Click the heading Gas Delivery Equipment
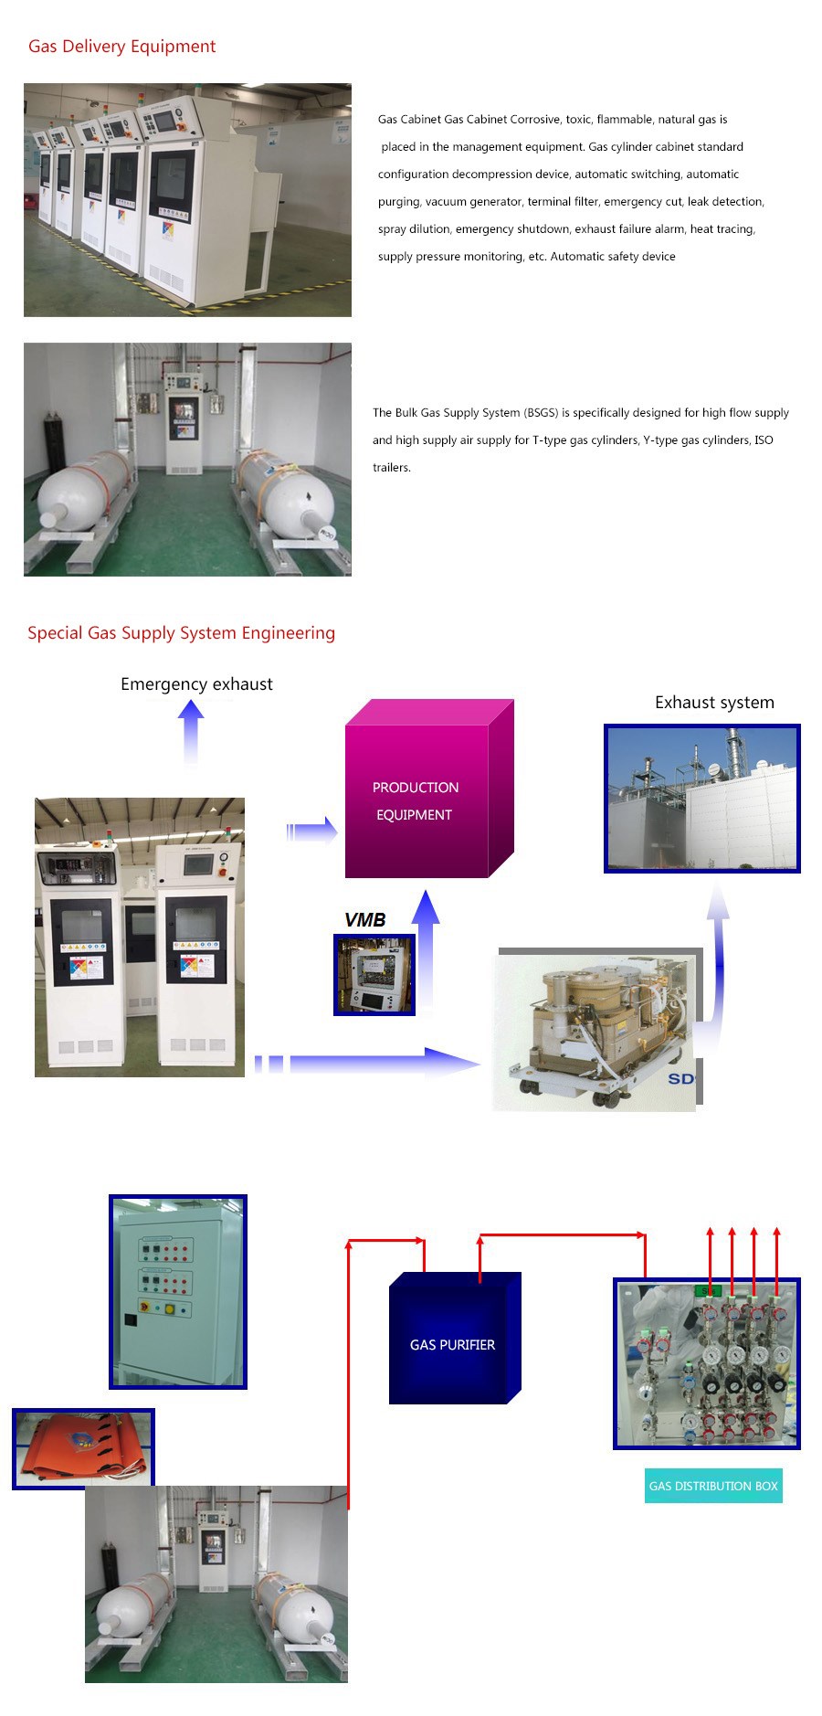pos(122,47)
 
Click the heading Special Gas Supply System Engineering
pos(181,633)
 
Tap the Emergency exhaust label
pos(196,684)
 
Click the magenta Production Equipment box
pos(429,789)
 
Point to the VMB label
pos(365,920)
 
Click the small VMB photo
pos(374,974)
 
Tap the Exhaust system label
pos(714,703)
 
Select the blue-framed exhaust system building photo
pos(702,799)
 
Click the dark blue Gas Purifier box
pos(455,1338)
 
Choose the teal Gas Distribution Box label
pos(713,1486)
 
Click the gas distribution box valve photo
pos(707,1363)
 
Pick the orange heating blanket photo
pos(83,1448)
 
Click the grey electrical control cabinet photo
pos(178,1292)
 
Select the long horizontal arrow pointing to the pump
pos(367,1063)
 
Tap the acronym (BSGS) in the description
pos(541,413)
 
